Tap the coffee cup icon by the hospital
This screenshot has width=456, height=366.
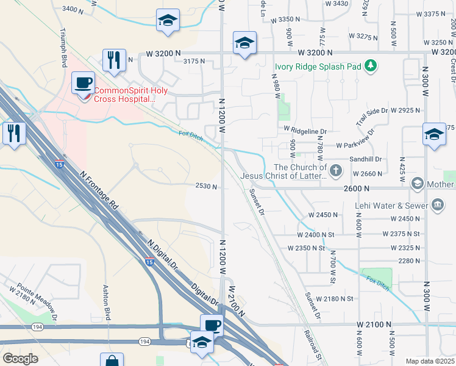[83, 82]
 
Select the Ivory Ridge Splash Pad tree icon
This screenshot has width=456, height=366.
[370, 66]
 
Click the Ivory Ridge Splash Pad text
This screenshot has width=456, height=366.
[318, 66]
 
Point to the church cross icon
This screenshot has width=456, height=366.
[336, 168]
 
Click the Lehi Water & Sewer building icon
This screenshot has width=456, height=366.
[437, 206]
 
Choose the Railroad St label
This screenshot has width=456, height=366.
[312, 344]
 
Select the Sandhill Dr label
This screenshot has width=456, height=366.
[365, 160]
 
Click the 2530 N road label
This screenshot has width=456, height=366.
[207, 186]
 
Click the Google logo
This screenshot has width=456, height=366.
[20, 359]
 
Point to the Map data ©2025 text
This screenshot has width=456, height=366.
[430, 361]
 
